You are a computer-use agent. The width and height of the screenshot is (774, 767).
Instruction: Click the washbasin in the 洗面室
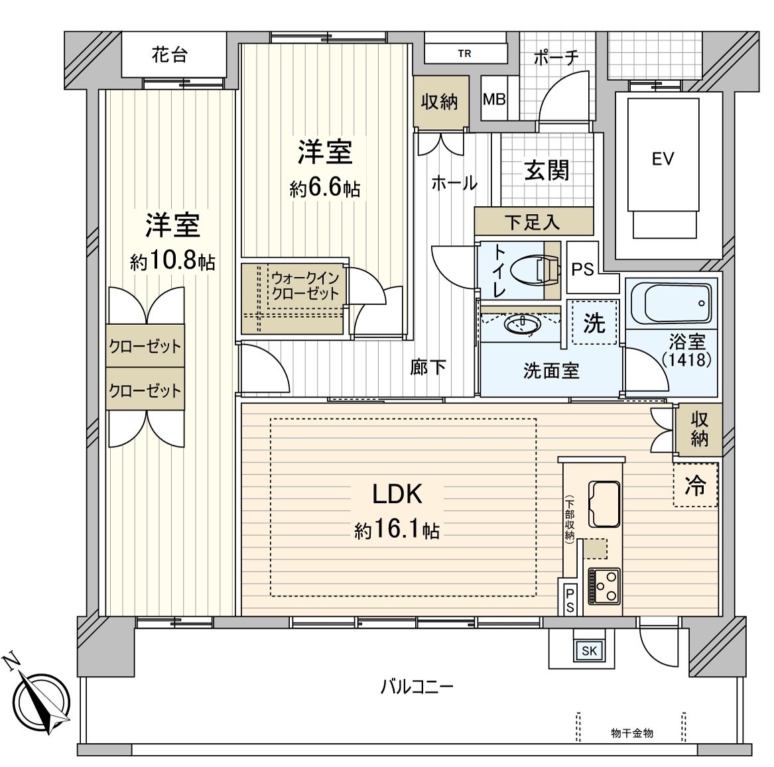pyautogui.click(x=522, y=324)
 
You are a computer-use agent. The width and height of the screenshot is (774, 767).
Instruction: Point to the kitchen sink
pyautogui.click(x=603, y=504)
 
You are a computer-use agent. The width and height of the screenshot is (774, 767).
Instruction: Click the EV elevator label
pyautogui.click(x=663, y=159)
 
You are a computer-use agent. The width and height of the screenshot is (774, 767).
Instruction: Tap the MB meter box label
pyautogui.click(x=493, y=99)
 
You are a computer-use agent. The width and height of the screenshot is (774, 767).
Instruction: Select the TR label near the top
pyautogui.click(x=464, y=53)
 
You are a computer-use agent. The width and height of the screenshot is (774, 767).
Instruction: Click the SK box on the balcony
pyautogui.click(x=589, y=650)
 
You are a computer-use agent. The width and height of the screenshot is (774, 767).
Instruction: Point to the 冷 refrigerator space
pyautogui.click(x=696, y=485)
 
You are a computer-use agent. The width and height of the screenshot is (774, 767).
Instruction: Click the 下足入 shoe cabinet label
pyautogui.click(x=532, y=222)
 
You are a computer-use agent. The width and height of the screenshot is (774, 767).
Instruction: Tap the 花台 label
pyautogui.click(x=169, y=54)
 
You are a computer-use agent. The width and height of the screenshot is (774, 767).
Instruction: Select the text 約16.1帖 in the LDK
pyautogui.click(x=397, y=530)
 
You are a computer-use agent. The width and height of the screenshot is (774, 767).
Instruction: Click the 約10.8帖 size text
pyautogui.click(x=172, y=261)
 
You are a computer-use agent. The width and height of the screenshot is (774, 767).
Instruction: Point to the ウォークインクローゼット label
pyautogui.click(x=305, y=286)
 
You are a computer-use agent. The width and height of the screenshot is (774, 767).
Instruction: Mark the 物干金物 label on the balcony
pyautogui.click(x=632, y=733)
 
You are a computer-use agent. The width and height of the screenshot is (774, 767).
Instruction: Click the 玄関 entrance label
pyautogui.click(x=547, y=170)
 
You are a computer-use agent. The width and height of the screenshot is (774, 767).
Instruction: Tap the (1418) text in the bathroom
pyautogui.click(x=686, y=359)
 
